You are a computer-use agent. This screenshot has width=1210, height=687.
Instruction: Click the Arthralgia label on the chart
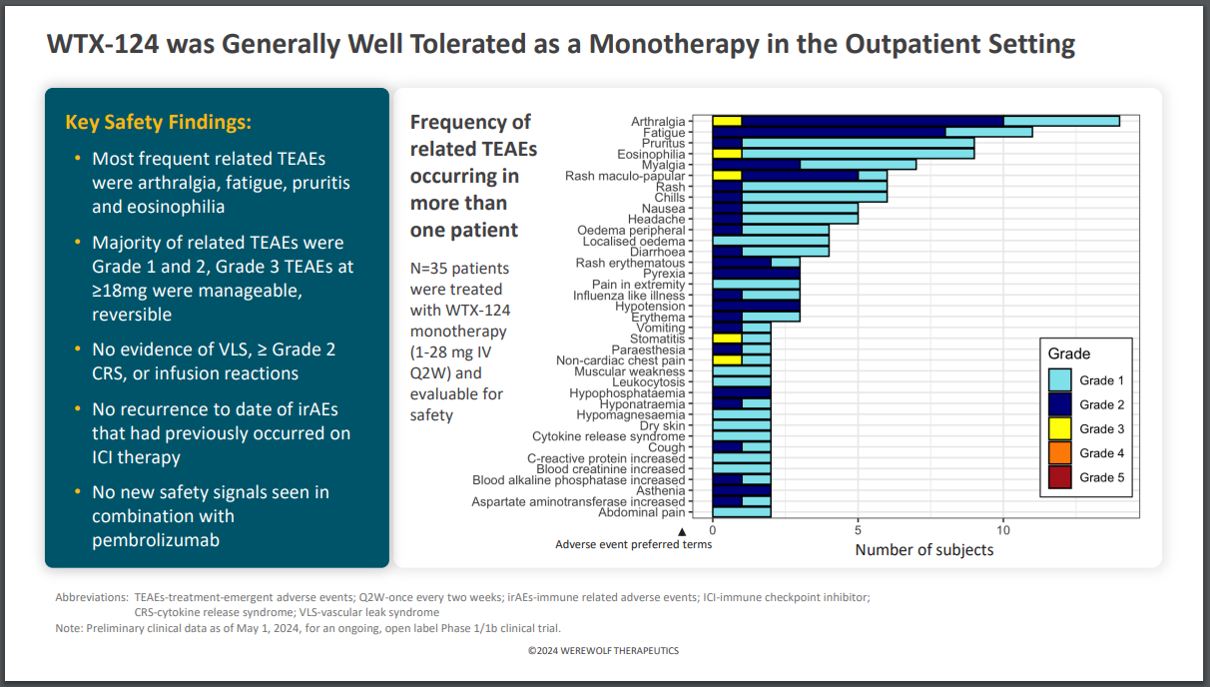[x=658, y=122]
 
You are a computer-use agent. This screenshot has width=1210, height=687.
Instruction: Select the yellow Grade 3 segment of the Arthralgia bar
[x=727, y=122]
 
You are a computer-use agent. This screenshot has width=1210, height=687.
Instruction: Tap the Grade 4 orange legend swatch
[x=1060, y=453]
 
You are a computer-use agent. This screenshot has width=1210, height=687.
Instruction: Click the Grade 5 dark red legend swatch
[x=1060, y=477]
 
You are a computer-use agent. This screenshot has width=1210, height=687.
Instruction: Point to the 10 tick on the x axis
[x=1003, y=531]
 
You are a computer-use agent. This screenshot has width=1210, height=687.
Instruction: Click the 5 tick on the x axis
[x=858, y=531]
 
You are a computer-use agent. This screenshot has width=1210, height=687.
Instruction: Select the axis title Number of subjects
[x=924, y=549]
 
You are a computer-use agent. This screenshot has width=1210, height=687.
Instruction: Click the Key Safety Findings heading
[x=159, y=123]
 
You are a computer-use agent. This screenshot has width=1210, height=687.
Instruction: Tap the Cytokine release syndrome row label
[x=609, y=436]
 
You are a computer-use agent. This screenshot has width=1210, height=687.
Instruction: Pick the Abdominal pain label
[x=642, y=512]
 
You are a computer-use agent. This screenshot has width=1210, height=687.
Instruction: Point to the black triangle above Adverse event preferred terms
[x=683, y=531]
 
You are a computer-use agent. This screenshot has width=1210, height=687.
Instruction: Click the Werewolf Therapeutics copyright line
[x=604, y=650]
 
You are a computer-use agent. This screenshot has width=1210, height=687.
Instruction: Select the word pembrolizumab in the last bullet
[x=156, y=540]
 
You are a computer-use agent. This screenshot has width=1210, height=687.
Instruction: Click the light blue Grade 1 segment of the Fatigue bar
[x=988, y=132]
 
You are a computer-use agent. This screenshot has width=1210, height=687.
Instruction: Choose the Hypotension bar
[x=756, y=307]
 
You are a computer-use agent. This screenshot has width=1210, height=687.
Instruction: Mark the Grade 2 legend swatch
[x=1060, y=404]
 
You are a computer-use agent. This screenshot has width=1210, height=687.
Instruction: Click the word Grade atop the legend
[x=1068, y=353]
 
